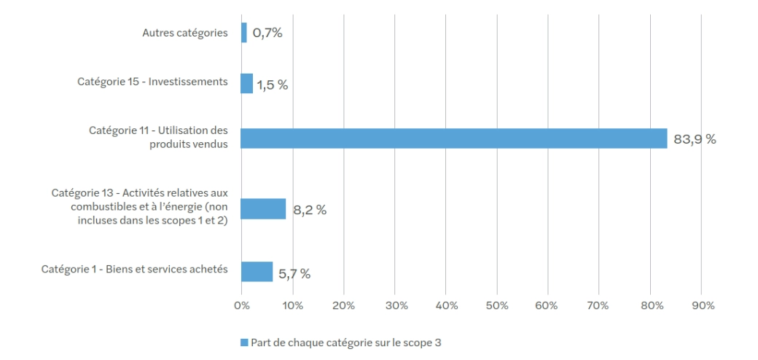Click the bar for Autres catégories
click(x=244, y=33)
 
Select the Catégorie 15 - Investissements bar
click(x=247, y=83)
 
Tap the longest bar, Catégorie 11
click(x=453, y=138)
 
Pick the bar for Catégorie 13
click(x=263, y=209)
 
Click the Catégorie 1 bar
click(x=257, y=272)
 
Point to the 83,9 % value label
click(x=695, y=139)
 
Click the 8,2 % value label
click(x=309, y=211)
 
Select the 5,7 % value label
click(x=294, y=274)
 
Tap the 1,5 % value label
click(x=272, y=85)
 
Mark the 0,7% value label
click(x=267, y=33)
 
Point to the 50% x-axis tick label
click(x=497, y=305)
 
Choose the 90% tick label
click(x=701, y=305)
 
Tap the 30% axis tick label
click(x=395, y=305)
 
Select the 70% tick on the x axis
click(x=599, y=305)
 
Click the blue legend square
click(x=244, y=342)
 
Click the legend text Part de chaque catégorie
click(x=345, y=342)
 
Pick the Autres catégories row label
click(x=184, y=33)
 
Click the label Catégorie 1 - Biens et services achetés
click(x=134, y=270)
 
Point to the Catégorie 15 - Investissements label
click(x=152, y=82)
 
